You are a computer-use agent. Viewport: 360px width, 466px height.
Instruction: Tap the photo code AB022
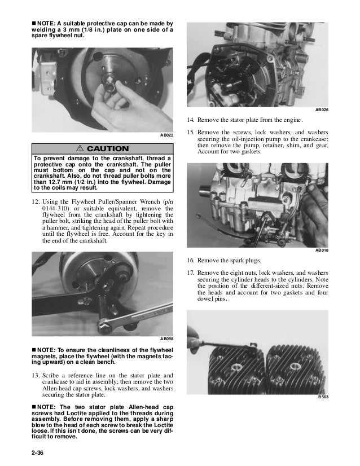pyautogui.click(x=166, y=136)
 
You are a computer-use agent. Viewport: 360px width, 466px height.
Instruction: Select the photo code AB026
pyautogui.click(x=321, y=109)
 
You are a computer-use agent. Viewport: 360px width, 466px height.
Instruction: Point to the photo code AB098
pyautogui.click(x=166, y=339)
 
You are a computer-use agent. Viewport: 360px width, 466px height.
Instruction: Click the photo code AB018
pyautogui.click(x=321, y=250)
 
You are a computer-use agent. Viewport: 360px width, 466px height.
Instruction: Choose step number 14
pyautogui.click(x=191, y=120)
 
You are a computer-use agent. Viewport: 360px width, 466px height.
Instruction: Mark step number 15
pyautogui.click(x=191, y=133)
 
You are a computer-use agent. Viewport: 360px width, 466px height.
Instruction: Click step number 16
pyautogui.click(x=191, y=260)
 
